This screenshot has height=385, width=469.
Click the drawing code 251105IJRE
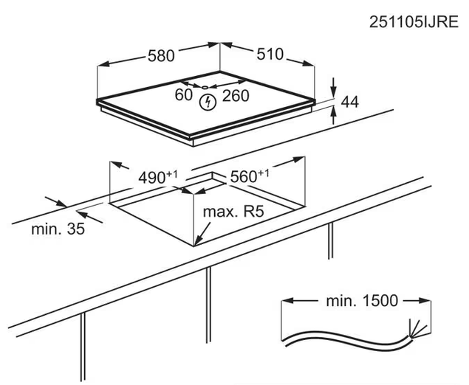(x=414, y=22)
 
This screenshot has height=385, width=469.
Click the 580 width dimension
(x=161, y=55)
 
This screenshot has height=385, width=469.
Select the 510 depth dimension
(x=270, y=54)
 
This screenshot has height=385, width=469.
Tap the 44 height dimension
(x=349, y=102)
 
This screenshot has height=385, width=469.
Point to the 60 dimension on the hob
(x=183, y=95)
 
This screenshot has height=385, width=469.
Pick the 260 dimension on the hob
(x=236, y=96)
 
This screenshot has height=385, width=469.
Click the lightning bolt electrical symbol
(x=208, y=102)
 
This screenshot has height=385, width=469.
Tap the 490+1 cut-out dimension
(x=157, y=177)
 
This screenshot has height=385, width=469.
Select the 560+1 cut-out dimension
(x=250, y=176)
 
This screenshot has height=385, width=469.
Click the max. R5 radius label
(x=233, y=212)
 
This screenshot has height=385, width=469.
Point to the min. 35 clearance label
(x=58, y=229)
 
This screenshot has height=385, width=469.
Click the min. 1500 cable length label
(x=362, y=301)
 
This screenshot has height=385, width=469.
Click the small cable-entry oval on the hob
(x=205, y=87)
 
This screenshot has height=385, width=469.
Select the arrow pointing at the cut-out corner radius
(x=203, y=234)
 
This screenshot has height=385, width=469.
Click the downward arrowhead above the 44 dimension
(x=334, y=92)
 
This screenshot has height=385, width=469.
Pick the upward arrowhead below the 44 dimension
(x=334, y=112)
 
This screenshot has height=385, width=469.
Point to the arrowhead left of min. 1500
(x=287, y=300)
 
